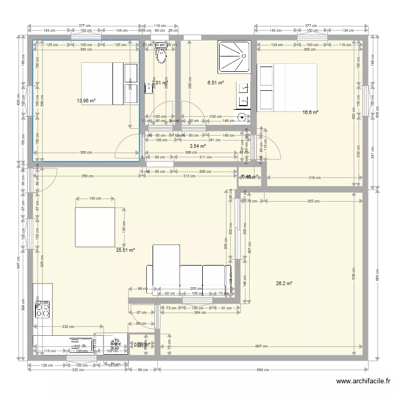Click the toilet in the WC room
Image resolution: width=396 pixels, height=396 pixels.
point(160,54)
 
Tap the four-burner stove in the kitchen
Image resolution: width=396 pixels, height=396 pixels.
point(42,308)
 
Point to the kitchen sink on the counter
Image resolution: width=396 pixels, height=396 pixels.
point(79,343)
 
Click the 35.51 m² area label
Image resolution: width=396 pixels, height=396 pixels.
point(125,251)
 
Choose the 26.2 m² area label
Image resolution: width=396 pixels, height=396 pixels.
point(284,284)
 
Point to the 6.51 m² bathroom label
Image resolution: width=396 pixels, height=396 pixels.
point(215,83)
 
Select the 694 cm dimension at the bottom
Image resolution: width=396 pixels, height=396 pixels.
point(262,370)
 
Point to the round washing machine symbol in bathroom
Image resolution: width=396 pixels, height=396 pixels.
point(242,118)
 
